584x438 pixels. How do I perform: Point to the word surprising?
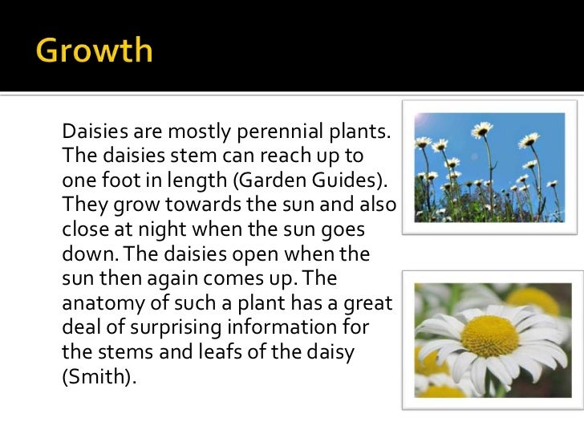point(187,328)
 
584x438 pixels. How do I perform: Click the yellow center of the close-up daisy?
point(489,335)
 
